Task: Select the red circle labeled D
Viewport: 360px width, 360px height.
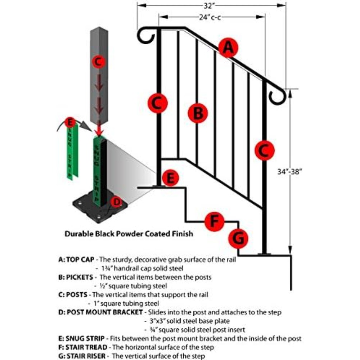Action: tap(116, 202)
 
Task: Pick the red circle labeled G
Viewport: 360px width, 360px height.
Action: tap(238, 238)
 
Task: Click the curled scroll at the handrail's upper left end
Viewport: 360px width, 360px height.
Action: tap(145, 36)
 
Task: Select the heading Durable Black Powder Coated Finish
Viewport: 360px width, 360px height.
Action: tap(129, 234)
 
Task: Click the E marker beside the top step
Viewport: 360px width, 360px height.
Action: tap(171, 178)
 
